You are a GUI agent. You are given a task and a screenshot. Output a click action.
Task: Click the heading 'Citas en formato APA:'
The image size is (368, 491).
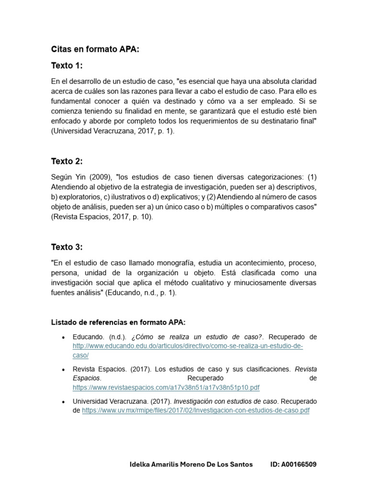(95, 49)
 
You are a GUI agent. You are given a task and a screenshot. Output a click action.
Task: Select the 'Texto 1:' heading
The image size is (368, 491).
(67, 66)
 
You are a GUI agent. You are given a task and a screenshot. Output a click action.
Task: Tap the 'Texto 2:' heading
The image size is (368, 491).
(67, 161)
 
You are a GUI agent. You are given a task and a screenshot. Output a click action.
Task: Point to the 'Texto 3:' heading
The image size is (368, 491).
(67, 247)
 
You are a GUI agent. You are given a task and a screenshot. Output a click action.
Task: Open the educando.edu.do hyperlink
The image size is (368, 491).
(188, 346)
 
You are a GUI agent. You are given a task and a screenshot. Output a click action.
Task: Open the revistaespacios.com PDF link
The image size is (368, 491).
(166, 387)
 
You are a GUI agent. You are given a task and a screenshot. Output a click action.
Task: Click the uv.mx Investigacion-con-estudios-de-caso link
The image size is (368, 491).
(195, 410)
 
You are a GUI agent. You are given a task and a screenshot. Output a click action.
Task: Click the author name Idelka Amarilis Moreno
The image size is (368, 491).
(191, 465)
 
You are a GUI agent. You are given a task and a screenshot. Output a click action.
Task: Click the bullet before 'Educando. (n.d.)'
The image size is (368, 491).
(64, 338)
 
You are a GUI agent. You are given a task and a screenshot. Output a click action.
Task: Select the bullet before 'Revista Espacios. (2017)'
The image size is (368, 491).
(64, 370)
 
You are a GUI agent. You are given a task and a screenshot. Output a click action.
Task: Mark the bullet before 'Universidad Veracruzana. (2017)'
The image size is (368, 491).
(64, 401)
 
